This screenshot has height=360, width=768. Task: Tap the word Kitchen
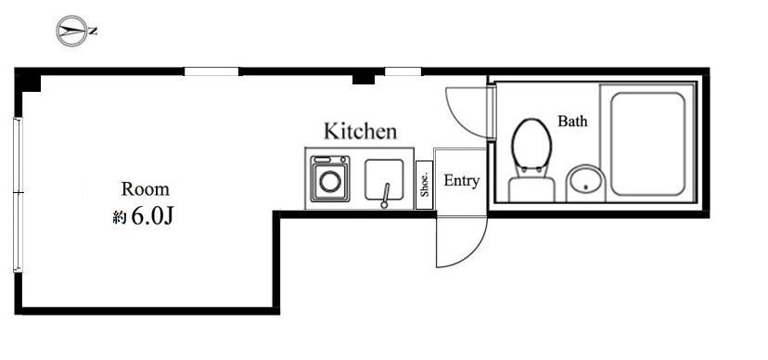tap(360, 132)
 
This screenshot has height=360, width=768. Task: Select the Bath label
tap(571, 122)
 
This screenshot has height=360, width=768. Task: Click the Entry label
tap(461, 181)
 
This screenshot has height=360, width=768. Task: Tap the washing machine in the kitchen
tap(328, 178)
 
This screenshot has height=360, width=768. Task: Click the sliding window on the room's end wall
tap(17, 195)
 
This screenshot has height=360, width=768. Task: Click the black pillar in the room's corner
tap(31, 84)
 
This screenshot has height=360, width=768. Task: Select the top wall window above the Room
tap(211, 71)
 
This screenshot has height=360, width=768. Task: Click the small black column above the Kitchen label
tap(364, 79)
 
